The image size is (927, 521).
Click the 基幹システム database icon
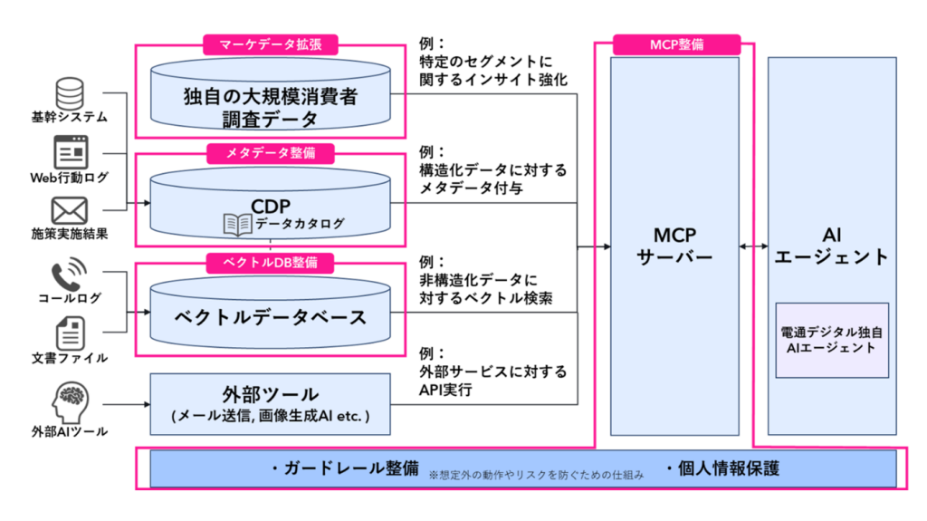(70, 92)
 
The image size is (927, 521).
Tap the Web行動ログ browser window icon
(70, 151)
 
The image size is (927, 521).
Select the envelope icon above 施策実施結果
(70, 210)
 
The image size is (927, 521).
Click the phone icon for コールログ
(70, 274)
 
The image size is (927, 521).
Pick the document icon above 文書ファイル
(70, 332)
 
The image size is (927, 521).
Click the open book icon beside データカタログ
(237, 222)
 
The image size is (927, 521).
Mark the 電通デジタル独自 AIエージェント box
(832, 340)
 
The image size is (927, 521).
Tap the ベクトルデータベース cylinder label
(270, 317)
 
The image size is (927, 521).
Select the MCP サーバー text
(674, 244)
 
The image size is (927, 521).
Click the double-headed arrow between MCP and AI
(753, 246)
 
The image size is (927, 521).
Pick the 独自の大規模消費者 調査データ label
(270, 107)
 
